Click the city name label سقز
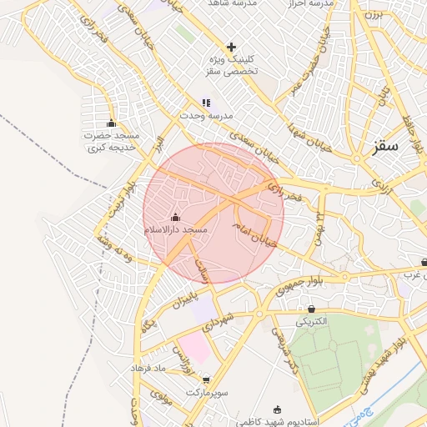pos(387,146)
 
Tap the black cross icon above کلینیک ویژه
pos(231,47)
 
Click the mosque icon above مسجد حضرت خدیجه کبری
pos(111,123)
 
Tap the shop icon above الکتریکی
pos(311,309)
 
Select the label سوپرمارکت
pos(208,391)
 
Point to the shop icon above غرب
pos(424,261)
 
